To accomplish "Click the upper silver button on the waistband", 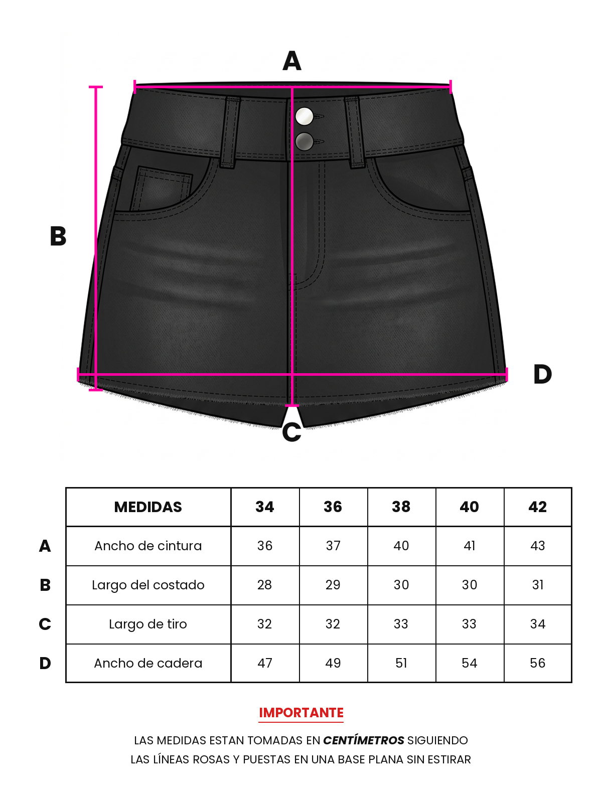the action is coord(305,116).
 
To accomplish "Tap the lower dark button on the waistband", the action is coord(305,141).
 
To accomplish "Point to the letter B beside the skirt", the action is coord(58,236).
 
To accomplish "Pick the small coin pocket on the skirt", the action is coord(162,188).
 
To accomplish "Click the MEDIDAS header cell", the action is coord(148,507).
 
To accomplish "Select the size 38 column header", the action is coord(401,507).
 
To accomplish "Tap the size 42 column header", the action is coord(537,507).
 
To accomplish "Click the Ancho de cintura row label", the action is coord(148,546).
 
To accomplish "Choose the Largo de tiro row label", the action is coord(148,624).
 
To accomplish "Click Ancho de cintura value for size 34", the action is coord(265,546).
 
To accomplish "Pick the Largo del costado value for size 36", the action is coord(333,585).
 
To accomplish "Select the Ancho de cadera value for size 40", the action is coord(470,663).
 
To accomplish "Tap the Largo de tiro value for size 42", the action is coord(537,624).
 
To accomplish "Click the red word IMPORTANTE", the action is coord(301,712).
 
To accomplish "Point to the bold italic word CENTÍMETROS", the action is coord(364,740).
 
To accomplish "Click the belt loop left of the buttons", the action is coord(230,132).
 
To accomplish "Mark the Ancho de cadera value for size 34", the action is coord(265,663).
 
